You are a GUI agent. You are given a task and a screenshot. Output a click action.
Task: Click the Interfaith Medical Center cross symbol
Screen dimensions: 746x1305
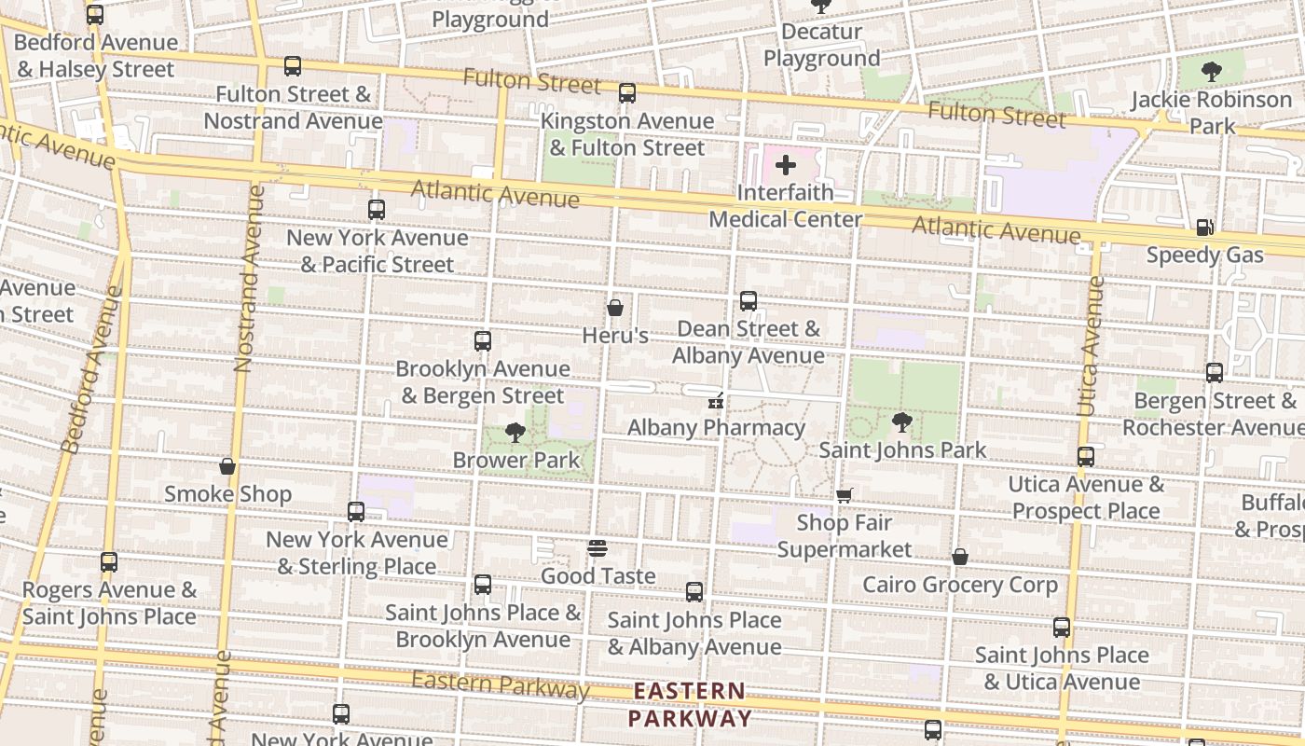(786, 166)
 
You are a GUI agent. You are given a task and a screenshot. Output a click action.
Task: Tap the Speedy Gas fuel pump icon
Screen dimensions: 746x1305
(1204, 227)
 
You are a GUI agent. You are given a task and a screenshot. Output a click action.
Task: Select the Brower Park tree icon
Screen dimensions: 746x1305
(515, 433)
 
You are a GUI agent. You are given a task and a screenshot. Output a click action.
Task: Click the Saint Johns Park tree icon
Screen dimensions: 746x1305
(901, 422)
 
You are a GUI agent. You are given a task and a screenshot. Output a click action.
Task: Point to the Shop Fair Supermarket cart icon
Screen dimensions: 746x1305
(844, 495)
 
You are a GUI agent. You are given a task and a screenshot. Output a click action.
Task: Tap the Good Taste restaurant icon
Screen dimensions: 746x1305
(598, 547)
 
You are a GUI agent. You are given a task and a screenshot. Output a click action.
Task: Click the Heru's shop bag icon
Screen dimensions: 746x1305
(615, 307)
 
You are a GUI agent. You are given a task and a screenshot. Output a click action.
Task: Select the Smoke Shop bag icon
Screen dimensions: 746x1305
(227, 466)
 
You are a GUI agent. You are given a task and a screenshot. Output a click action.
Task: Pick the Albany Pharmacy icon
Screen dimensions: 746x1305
(716, 401)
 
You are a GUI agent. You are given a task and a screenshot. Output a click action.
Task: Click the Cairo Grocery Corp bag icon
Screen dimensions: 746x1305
(960, 557)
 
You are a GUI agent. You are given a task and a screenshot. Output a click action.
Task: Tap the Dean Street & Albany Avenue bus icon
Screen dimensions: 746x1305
(748, 301)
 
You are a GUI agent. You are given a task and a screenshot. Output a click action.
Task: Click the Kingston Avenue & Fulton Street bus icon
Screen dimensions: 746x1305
(627, 93)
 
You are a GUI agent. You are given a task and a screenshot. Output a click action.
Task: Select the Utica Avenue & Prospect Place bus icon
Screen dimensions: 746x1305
(1086, 457)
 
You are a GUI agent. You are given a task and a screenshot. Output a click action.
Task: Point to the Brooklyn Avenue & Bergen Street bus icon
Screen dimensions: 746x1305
(482, 341)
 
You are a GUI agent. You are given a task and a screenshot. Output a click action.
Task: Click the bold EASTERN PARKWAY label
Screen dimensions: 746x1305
(689, 705)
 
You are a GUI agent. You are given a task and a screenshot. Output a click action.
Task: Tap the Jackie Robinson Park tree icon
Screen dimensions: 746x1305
(1211, 71)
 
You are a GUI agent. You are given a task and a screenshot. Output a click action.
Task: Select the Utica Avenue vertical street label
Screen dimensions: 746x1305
(1089, 345)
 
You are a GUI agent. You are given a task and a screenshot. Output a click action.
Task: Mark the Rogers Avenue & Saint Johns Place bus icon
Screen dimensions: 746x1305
(109, 562)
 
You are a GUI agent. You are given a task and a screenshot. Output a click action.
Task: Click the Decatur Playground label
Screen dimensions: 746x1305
(821, 45)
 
